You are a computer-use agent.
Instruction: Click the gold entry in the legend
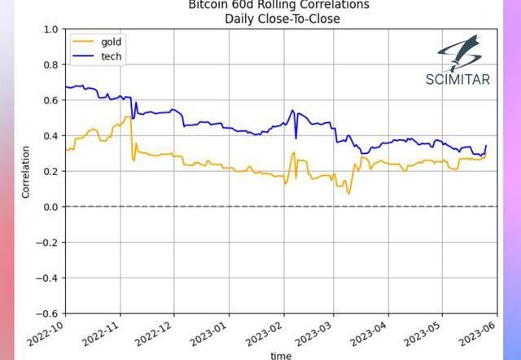tap(111, 42)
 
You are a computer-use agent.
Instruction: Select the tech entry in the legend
tap(111, 56)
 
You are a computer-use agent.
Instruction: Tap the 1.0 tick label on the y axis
tap(50, 29)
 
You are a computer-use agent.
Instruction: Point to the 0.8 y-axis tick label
tap(50, 65)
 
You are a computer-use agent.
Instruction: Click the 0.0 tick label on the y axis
tap(50, 207)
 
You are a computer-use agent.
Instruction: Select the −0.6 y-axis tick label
tap(47, 314)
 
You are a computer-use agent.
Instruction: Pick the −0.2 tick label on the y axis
tap(47, 243)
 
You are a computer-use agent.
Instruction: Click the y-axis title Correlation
tap(26, 172)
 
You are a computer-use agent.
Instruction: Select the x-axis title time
tap(280, 355)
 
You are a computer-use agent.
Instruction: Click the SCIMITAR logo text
tap(458, 79)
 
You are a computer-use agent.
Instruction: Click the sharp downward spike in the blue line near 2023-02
tap(296, 138)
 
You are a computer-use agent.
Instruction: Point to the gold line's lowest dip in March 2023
tap(348, 193)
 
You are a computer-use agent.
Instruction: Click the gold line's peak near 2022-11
tap(129, 117)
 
